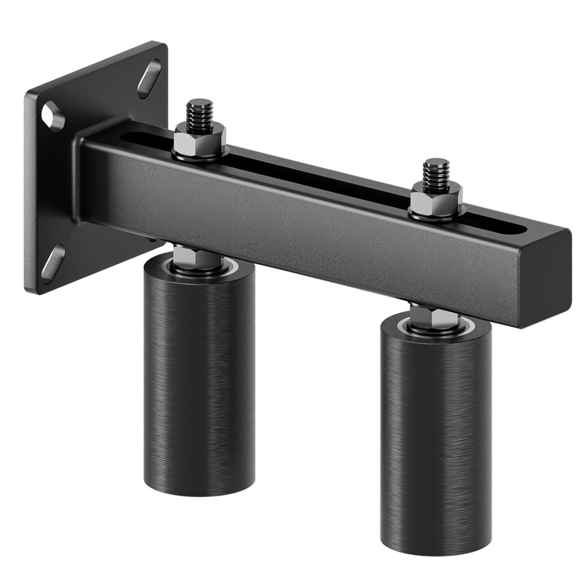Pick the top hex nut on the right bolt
pyautogui.click(x=436, y=199)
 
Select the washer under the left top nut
pyautogui.click(x=200, y=153)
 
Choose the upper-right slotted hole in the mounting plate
pyautogui.click(x=149, y=78)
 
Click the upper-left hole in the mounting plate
pyautogui.click(x=53, y=117)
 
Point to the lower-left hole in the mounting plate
pyautogui.click(x=53, y=263)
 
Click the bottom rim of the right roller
pyautogui.click(x=435, y=551)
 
